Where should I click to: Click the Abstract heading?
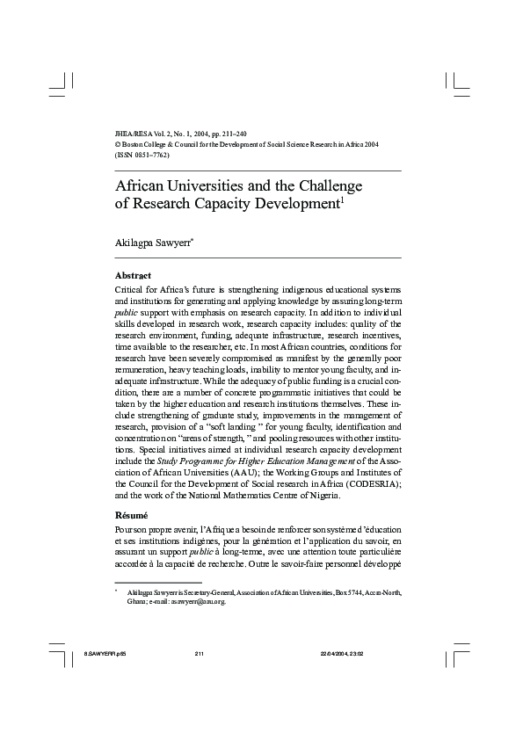click(x=134, y=275)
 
